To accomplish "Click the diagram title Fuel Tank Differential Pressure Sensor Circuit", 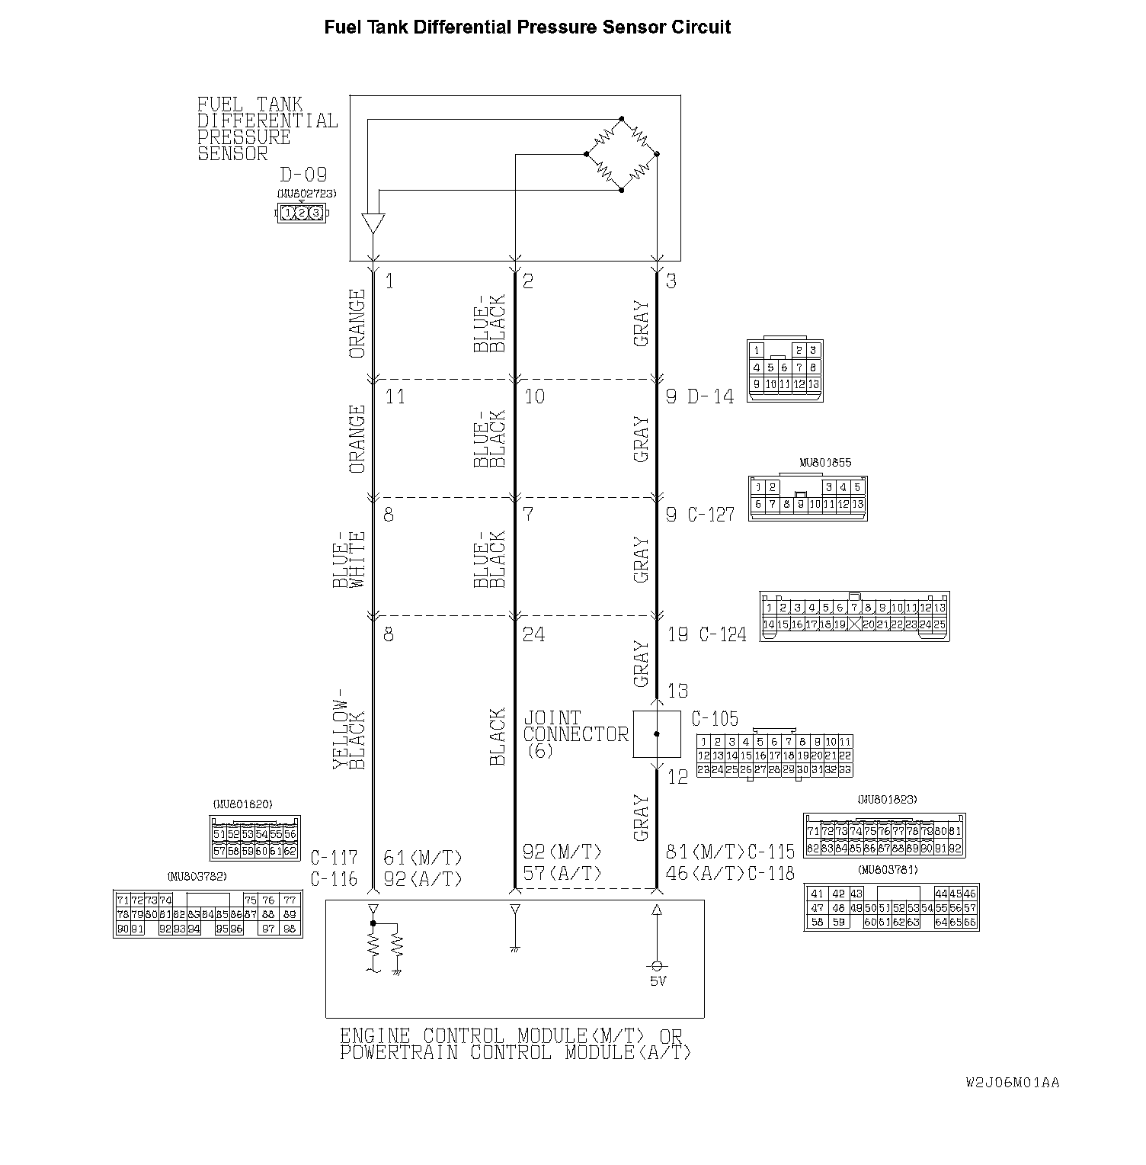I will tap(527, 27).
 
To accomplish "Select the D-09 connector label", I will tap(303, 175).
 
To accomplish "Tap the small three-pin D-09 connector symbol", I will tap(301, 213).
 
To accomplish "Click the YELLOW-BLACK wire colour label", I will tap(350, 734).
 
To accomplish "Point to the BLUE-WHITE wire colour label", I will tap(350, 559).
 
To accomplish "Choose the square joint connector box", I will tap(656, 734).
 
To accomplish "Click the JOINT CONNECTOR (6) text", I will tap(575, 734).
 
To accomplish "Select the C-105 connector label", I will tap(714, 719).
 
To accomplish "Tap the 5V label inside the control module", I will tap(658, 981).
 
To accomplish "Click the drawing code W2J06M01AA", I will tap(1012, 1082).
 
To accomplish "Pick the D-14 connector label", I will tap(710, 397).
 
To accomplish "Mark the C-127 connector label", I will tap(711, 515).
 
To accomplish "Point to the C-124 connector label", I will tap(722, 634).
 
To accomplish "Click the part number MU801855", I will tap(825, 463).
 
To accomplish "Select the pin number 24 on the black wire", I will tap(533, 634).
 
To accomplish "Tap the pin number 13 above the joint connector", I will tap(677, 691).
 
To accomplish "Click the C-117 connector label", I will tap(334, 857).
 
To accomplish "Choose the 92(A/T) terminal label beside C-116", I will tap(423, 878).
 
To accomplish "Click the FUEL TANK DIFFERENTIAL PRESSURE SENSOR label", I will tap(267, 129).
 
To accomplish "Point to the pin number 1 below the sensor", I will tap(389, 281).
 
